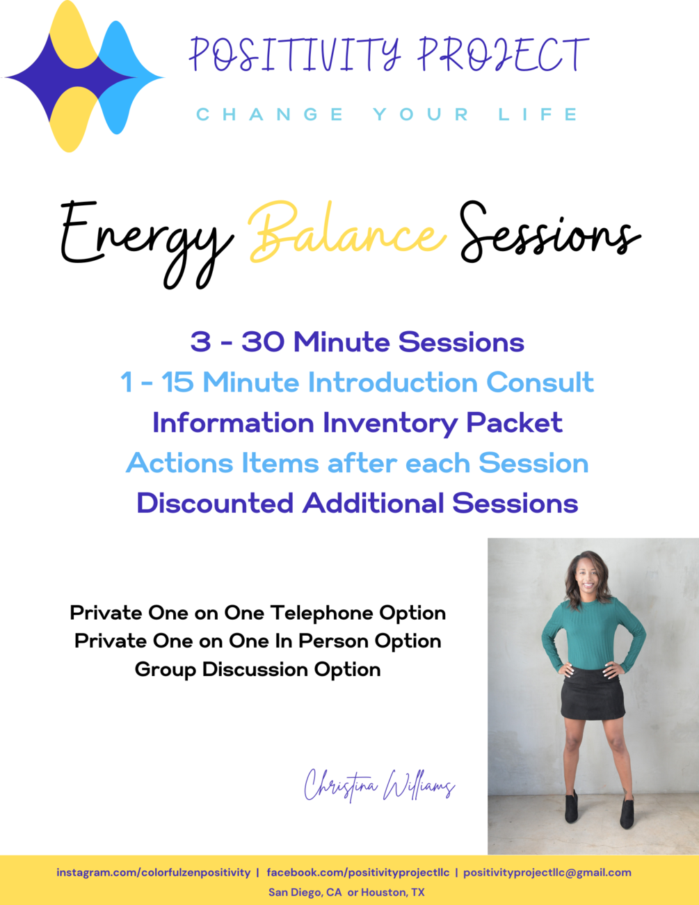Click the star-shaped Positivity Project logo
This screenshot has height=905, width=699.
pos(83,77)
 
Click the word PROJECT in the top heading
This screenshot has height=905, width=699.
pos(503,56)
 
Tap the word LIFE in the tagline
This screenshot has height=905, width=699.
pos(538,114)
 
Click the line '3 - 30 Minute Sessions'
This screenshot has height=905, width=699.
pos(357,342)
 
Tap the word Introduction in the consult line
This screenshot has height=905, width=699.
pos(392,383)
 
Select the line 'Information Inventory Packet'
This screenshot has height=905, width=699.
pos(357,423)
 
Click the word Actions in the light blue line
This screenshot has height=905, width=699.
pos(179,463)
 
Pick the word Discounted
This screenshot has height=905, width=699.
pos(214,504)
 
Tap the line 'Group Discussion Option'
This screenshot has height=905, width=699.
pos(257,669)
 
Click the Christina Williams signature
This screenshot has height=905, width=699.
pos(379,786)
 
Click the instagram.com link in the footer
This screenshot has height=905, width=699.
pos(153,872)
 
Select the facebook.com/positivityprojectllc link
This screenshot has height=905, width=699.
pos(357,872)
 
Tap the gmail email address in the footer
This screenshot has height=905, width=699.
pos(547,872)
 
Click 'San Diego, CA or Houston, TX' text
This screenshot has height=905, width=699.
pos(346,892)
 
